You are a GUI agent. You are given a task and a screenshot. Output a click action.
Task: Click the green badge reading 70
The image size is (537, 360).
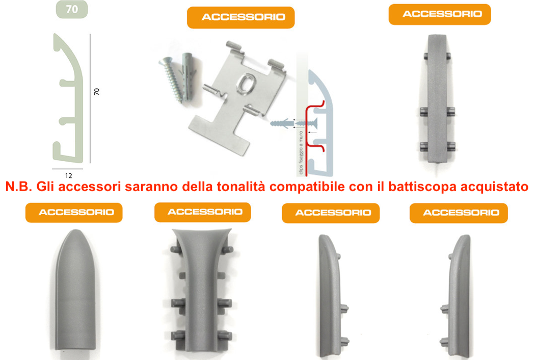tap(72, 9)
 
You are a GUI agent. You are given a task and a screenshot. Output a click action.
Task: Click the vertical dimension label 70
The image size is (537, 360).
tap(97, 92)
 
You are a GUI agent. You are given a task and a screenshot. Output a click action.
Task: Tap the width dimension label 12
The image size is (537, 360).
tap(68, 176)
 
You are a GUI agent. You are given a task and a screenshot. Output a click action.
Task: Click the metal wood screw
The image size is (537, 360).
tap(171, 80)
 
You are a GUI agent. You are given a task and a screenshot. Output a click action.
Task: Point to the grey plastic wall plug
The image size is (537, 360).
tap(188, 78)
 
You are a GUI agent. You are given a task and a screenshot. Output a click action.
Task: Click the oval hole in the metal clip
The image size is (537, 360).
tap(246, 84)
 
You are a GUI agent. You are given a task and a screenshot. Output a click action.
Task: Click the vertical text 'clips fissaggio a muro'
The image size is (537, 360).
tap(301, 152)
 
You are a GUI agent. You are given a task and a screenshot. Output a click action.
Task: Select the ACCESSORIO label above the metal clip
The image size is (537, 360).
tap(241, 17)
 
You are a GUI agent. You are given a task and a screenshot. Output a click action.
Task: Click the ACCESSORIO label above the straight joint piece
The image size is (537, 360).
tap(440, 14)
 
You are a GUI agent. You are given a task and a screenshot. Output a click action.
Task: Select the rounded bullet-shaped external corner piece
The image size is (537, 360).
tap(75, 290)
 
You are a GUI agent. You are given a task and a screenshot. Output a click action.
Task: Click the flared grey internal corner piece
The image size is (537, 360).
tap(202, 290)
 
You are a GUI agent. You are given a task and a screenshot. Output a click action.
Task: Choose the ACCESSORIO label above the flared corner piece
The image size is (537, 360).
tap(203, 212)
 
